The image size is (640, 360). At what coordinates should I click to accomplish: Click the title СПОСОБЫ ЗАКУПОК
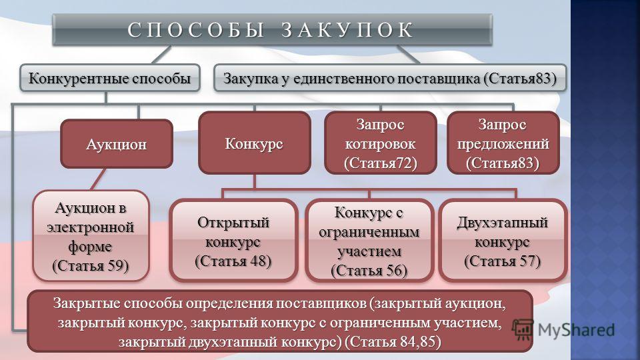pos(271,30)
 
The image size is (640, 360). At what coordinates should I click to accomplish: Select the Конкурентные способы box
pos(110,78)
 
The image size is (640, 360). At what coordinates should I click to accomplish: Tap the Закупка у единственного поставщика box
pos(390,78)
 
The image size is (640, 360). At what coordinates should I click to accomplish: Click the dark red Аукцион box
pos(116,144)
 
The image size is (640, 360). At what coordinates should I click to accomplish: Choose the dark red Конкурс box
pos(254,143)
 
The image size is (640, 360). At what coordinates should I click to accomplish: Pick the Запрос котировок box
pos(381,143)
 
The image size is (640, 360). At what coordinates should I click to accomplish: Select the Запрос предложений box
pos(503,143)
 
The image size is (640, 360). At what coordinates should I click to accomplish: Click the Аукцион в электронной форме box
pos(91,236)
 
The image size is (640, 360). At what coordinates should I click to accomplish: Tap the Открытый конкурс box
pos(233,241)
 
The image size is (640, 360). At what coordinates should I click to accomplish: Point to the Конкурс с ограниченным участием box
pos(369,241)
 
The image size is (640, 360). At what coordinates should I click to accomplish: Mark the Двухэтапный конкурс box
pos(503,241)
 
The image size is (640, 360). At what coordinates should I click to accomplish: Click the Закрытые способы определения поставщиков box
pos(280,321)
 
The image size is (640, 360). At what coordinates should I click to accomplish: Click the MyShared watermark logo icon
pos(523,329)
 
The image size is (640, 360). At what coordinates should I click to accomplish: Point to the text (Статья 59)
pos(91,266)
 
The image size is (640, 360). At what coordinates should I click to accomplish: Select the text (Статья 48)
pos(233,261)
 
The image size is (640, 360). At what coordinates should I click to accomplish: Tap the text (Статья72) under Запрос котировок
pos(381,163)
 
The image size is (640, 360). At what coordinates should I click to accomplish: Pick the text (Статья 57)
pos(503,261)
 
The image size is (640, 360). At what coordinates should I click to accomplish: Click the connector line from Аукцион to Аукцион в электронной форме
pos(98,179)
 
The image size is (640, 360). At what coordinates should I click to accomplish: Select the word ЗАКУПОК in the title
pos(348,30)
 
